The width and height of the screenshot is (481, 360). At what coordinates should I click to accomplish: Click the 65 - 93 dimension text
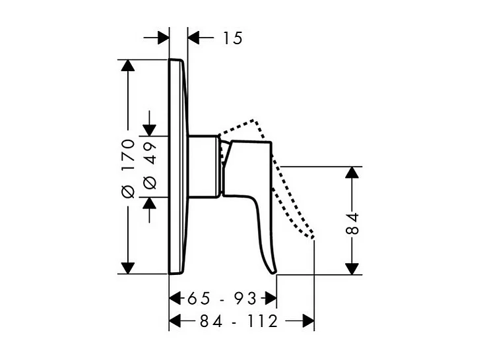pyautogui.click(x=221, y=298)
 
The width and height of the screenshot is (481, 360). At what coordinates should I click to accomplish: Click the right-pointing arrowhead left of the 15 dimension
pyautogui.click(x=162, y=38)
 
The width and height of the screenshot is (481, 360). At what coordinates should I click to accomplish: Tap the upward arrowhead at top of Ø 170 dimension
pyautogui.click(x=128, y=67)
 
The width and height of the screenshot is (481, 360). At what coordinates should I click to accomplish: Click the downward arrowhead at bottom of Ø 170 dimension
pyautogui.click(x=128, y=266)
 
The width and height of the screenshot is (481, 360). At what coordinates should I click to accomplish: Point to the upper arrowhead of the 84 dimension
pyautogui.click(x=352, y=173)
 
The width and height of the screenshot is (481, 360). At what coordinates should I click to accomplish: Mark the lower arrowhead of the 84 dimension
pyautogui.click(x=352, y=266)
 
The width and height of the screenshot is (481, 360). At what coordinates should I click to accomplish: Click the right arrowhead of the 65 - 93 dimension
pyautogui.click(x=269, y=298)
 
